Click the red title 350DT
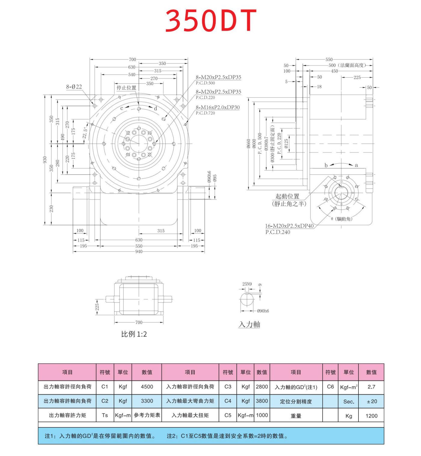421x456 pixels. (x=211, y=20)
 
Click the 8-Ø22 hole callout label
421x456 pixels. (x=74, y=87)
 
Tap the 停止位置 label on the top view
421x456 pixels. (x=126, y=88)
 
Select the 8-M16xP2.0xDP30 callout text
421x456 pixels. (x=218, y=107)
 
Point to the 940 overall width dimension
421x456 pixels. (x=139, y=251)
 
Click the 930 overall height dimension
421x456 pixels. (x=45, y=159)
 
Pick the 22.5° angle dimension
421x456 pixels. (x=85, y=132)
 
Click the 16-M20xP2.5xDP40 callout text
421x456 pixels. (x=289, y=226)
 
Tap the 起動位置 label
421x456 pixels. (x=287, y=196)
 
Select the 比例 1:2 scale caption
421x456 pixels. (x=134, y=334)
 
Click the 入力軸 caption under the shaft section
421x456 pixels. (x=249, y=324)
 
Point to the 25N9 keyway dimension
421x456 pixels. (x=247, y=284)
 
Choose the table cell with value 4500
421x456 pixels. (x=147, y=387)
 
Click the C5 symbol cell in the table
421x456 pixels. (x=228, y=415)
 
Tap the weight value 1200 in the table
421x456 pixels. (x=371, y=416)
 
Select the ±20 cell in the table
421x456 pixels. (x=371, y=401)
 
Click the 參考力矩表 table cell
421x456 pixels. (x=147, y=415)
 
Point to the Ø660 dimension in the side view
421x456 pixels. (x=248, y=144)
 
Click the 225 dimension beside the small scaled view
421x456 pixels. (x=97, y=307)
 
